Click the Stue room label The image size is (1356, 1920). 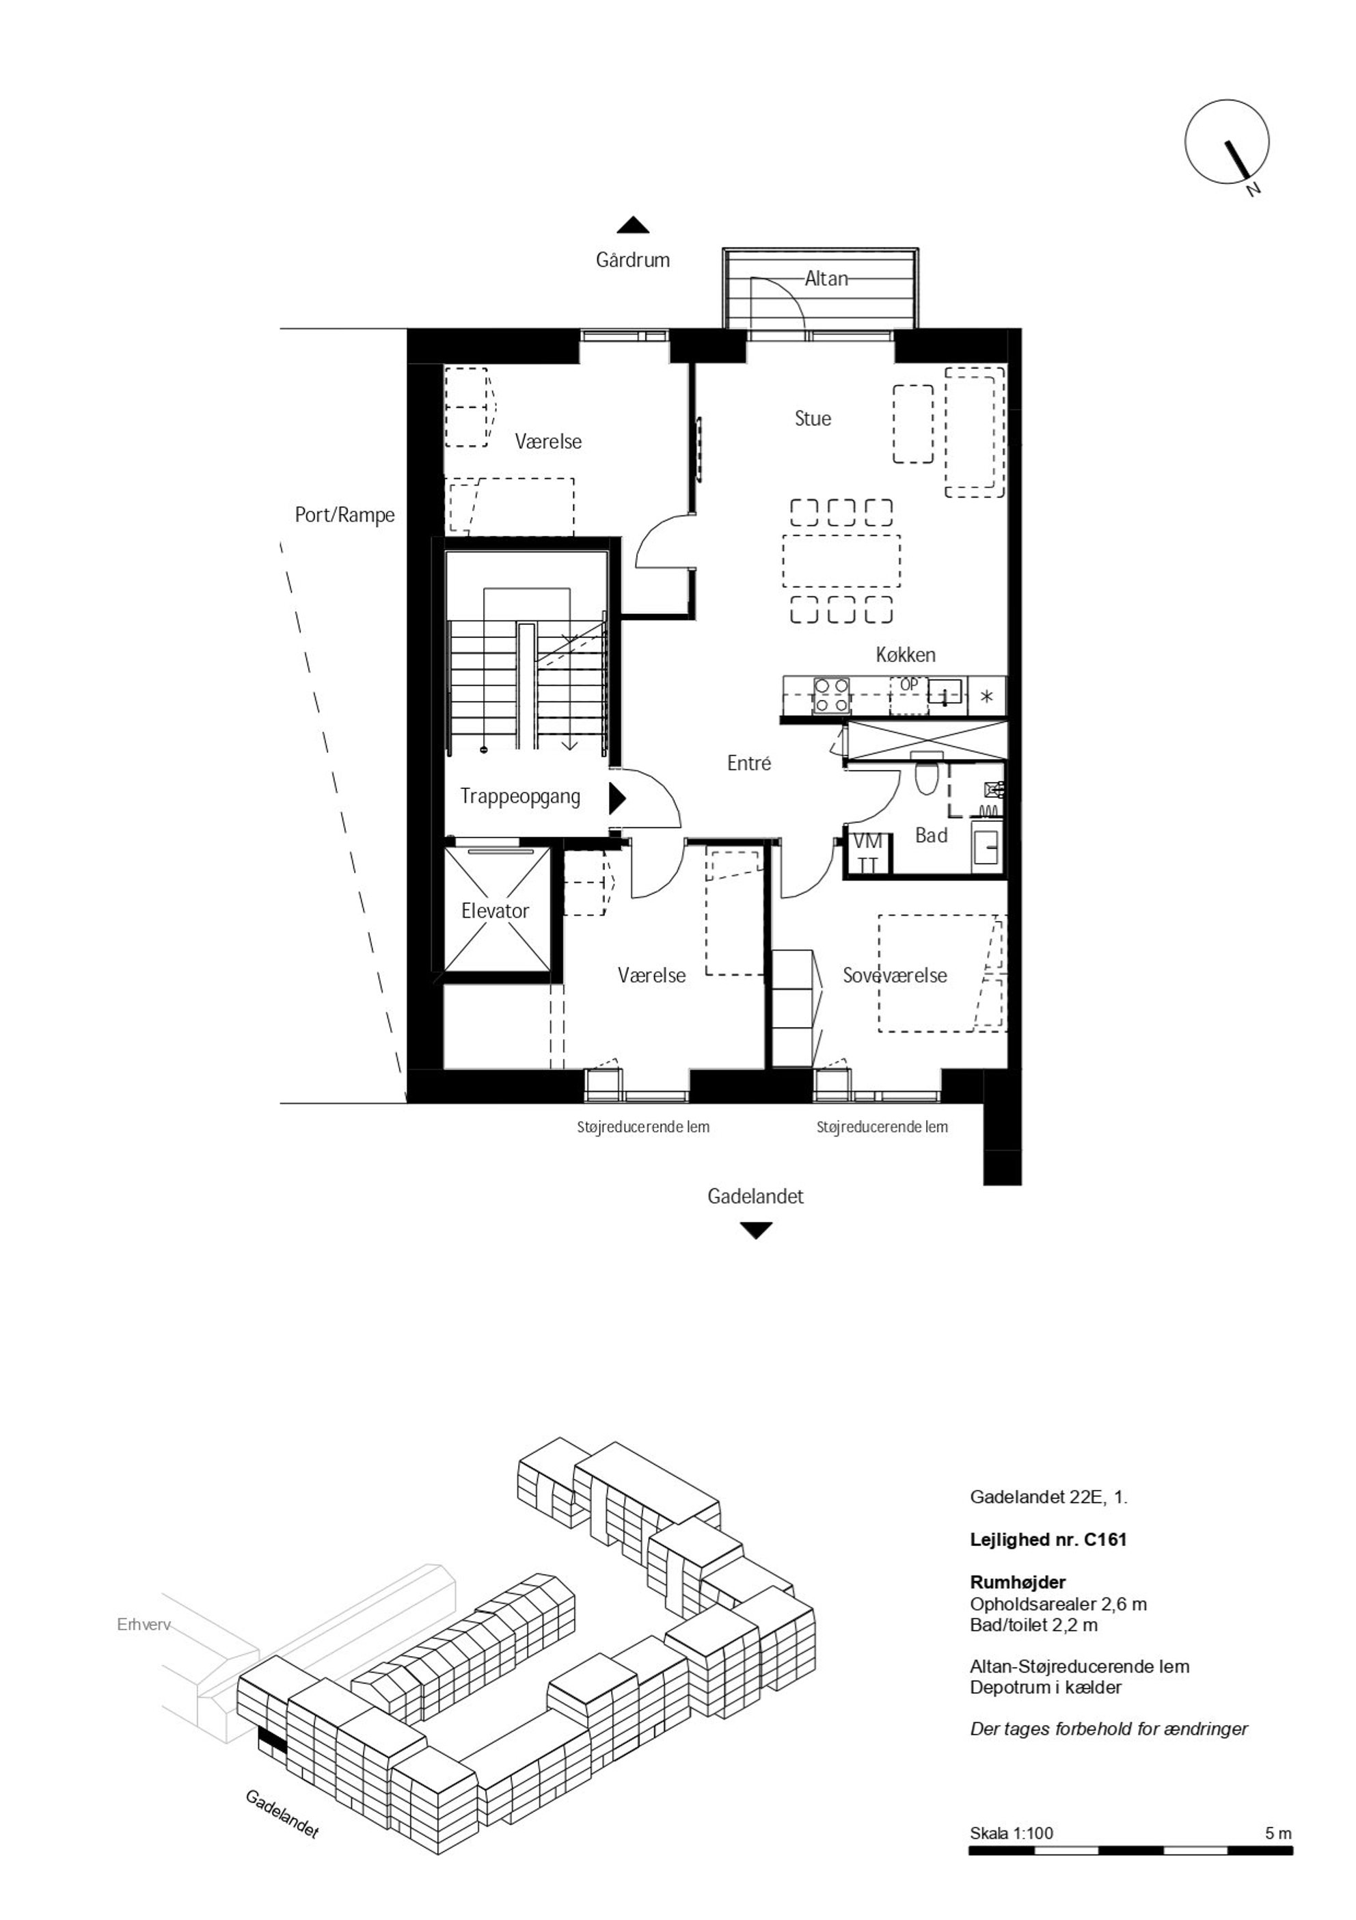[x=813, y=418]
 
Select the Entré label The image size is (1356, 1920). [x=748, y=762]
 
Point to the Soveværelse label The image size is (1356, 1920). [x=895, y=975]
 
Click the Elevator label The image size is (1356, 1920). [x=495, y=911]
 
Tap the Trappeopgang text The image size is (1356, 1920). [x=520, y=796]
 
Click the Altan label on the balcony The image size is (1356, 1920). [x=826, y=278]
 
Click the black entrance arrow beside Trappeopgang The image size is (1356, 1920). [x=617, y=799]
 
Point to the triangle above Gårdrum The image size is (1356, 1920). [x=633, y=225]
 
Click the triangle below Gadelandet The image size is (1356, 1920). [x=756, y=1231]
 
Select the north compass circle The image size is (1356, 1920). [x=1226, y=142]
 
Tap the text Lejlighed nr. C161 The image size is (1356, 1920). [x=1048, y=1538]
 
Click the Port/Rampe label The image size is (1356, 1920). [x=344, y=515]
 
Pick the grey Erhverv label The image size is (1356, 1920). [x=144, y=1625]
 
